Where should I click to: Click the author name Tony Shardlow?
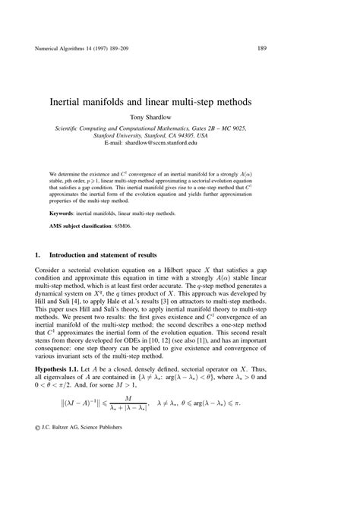click(179, 118)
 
